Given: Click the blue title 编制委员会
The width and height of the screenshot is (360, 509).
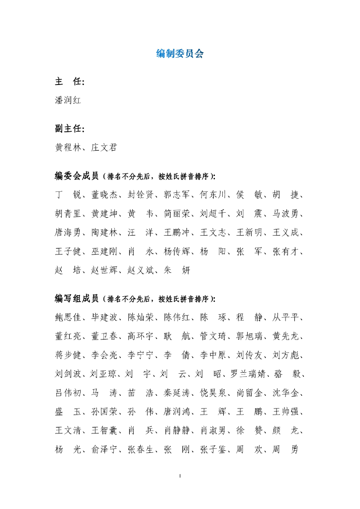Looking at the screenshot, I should tap(180, 54).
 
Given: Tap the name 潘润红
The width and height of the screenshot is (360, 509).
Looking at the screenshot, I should tap(68, 100).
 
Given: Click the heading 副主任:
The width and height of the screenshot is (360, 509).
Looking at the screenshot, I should tap(69, 129).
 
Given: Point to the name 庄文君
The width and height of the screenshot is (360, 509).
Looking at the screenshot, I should tap(104, 148).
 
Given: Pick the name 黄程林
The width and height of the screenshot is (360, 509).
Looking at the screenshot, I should tap(68, 148).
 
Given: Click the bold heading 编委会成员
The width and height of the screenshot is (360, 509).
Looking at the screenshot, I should tap(77, 176).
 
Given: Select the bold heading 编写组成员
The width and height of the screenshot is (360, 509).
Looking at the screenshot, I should tap(77, 299).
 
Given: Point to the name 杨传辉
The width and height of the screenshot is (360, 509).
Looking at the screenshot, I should tap(177, 252).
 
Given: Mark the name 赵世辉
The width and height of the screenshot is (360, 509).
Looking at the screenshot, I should tap(104, 270).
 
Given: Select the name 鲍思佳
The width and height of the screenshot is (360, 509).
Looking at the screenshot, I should tap(68, 318).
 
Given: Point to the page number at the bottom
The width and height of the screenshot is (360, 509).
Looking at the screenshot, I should tap(180, 476).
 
